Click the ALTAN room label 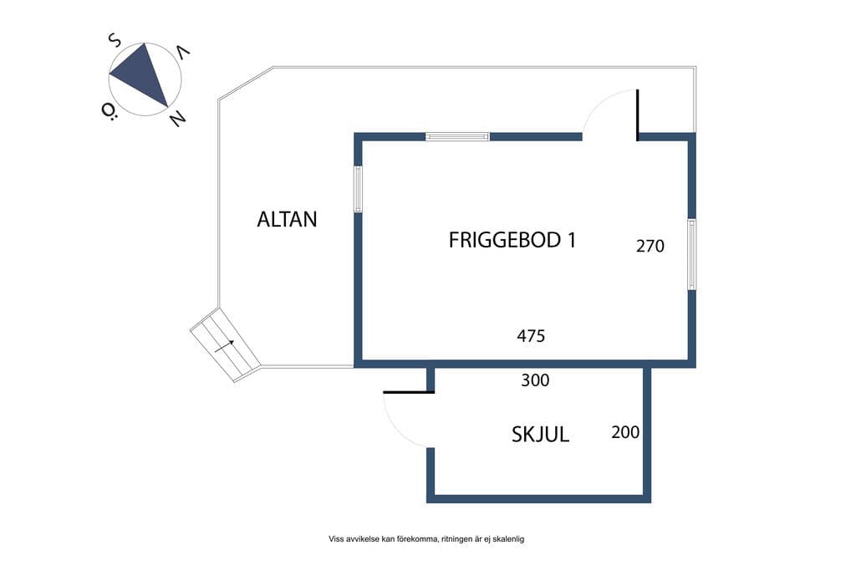(288, 219)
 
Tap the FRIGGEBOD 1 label (512, 240)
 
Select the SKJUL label (541, 435)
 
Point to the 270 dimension (650, 246)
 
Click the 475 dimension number (531, 336)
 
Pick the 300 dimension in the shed (535, 380)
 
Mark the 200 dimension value (625, 432)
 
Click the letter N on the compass (177, 118)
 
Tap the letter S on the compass (114, 40)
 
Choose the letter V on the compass (183, 53)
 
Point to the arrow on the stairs (224, 346)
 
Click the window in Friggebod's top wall (457, 136)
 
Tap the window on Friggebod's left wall (358, 189)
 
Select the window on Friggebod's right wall (691, 254)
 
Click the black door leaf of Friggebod (637, 115)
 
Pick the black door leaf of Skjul (408, 392)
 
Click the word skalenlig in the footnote (508, 539)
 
